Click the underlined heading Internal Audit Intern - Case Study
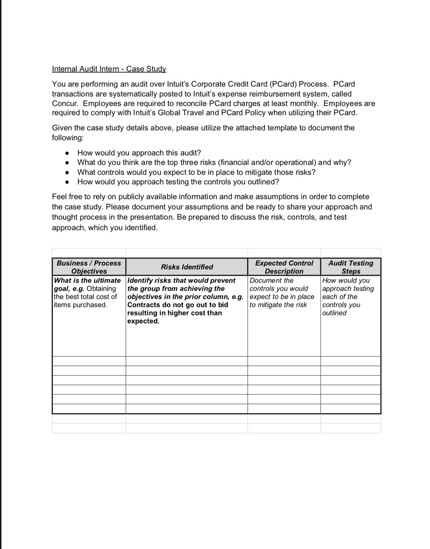tap(109, 69)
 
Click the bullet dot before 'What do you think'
tap(67, 163)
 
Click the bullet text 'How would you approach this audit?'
tap(139, 153)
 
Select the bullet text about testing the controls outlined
tap(178, 182)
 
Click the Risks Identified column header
tap(187, 267)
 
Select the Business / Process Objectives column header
tap(89, 267)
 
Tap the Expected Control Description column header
tap(284, 267)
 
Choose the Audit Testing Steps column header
tap(351, 267)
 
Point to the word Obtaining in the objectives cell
tap(101, 289)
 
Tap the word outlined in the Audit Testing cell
tap(334, 313)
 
